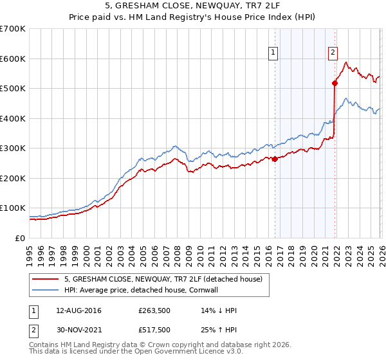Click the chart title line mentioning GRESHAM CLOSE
(192, 7)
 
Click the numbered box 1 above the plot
(274, 53)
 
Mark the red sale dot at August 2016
(275, 159)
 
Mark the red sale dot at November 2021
(335, 82)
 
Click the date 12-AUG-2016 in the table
(79, 310)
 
